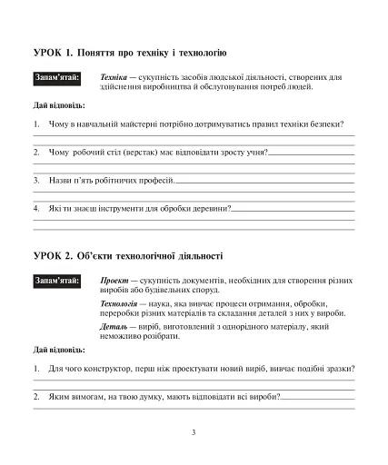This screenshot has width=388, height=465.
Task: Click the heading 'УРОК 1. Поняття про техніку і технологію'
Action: (129, 54)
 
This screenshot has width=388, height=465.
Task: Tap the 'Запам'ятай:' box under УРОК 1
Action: (56, 78)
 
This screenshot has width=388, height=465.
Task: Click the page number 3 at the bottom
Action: (194, 432)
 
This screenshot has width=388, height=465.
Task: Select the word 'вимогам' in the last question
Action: (88, 396)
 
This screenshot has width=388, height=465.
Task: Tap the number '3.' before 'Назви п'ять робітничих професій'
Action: (36, 180)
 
